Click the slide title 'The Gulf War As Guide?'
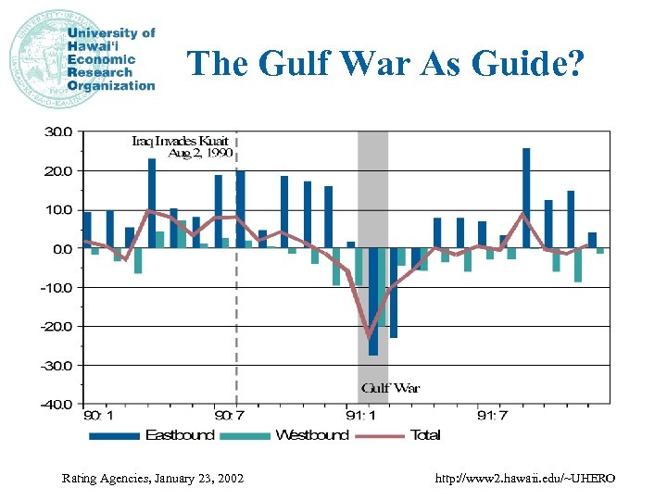[385, 63]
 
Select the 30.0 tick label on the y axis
[57, 131]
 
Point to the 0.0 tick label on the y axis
[60, 248]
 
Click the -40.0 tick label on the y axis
[56, 404]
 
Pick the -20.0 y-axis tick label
[56, 326]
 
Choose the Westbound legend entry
[298, 435]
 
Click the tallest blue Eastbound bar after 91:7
[526, 198]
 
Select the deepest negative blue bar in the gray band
[373, 302]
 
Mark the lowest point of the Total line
[370, 335]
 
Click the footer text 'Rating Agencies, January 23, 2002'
[153, 479]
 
